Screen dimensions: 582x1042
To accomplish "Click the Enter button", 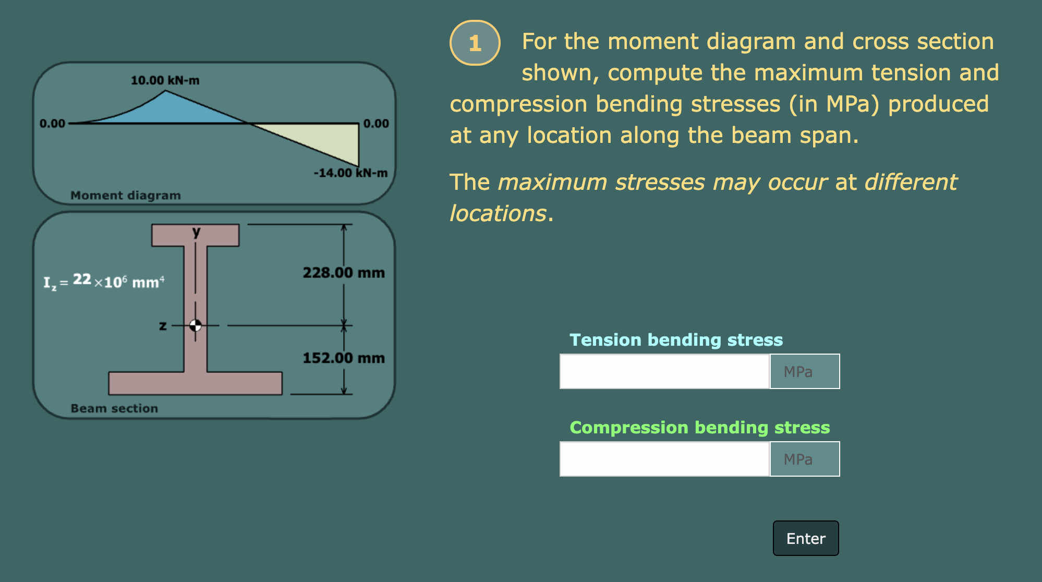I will [805, 538].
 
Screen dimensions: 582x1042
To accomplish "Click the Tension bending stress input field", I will [664, 371].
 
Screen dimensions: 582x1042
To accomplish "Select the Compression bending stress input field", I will [664, 459].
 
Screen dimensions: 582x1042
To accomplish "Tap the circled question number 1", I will [475, 43].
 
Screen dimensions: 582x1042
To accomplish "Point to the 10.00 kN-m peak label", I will [165, 80].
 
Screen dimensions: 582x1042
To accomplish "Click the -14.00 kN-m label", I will [350, 173].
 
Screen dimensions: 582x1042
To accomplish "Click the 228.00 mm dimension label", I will [344, 273].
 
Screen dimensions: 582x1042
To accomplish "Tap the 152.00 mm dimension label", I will [344, 358].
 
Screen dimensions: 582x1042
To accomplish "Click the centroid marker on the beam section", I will [196, 325].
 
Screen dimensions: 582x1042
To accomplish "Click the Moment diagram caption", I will [126, 196].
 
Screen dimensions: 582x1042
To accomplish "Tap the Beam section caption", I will [114, 408].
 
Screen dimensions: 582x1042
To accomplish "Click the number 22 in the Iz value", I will [82, 280].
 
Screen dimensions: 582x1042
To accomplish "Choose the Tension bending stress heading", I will [676, 340].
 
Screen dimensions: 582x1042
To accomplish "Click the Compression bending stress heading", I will [699, 428].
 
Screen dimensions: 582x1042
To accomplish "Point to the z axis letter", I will [163, 326].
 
